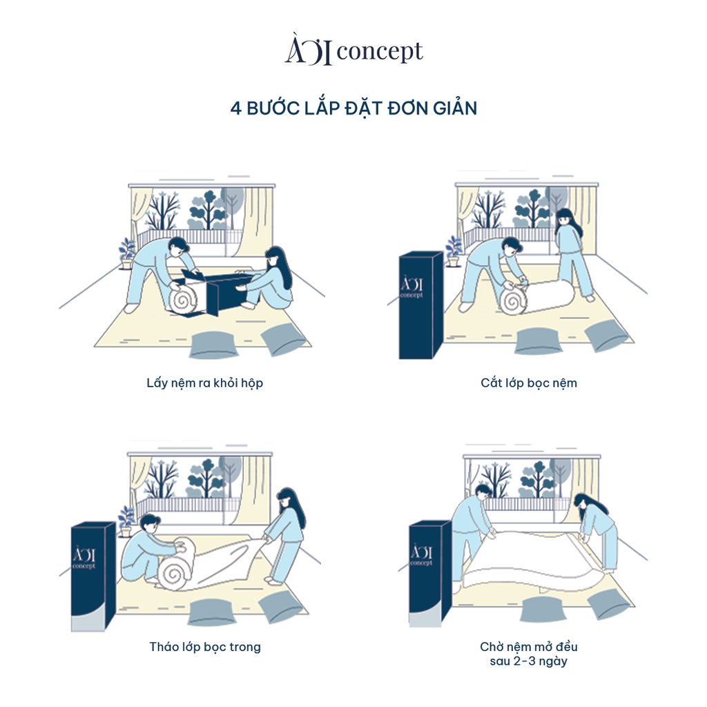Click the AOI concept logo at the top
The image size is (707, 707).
353,52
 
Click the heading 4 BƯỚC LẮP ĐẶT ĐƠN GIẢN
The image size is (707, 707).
353,108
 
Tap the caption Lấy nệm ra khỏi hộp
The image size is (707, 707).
205,382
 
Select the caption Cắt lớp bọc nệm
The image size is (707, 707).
529,382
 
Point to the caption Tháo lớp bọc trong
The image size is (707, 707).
205,647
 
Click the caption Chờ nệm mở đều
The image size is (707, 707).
529,647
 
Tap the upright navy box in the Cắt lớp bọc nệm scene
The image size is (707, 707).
420,305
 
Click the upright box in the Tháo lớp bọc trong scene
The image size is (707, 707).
93,577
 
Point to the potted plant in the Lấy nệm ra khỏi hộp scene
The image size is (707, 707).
127,253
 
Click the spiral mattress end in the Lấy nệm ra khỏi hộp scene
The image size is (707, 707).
185,300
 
